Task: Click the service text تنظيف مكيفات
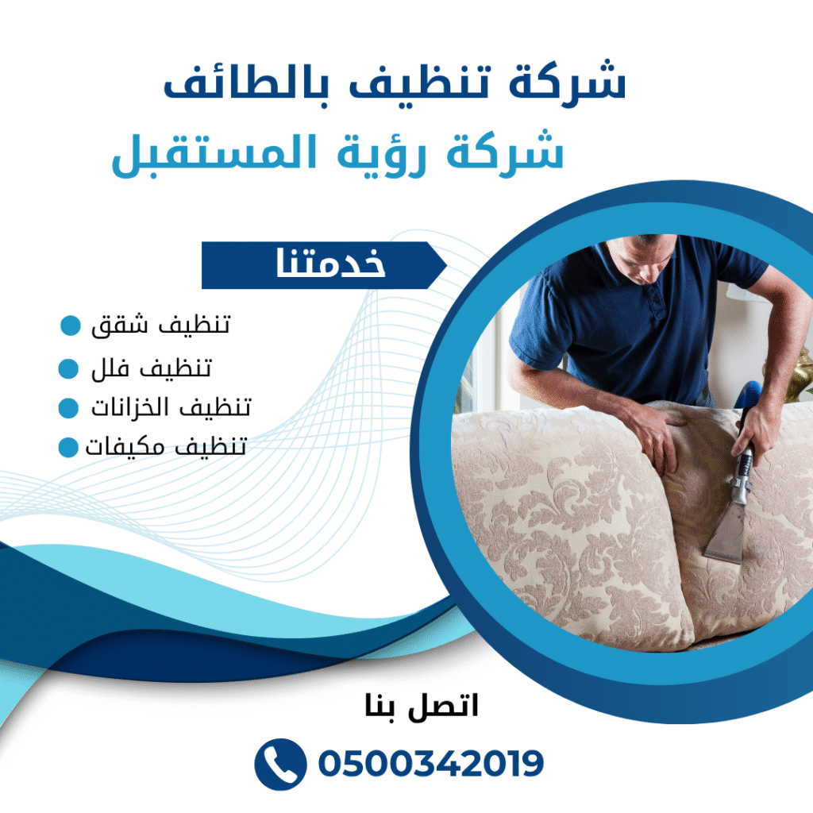tap(165, 447)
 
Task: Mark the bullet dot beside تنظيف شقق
tap(71, 326)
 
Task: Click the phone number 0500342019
tap(430, 764)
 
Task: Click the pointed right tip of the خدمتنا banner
tap(445, 265)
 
